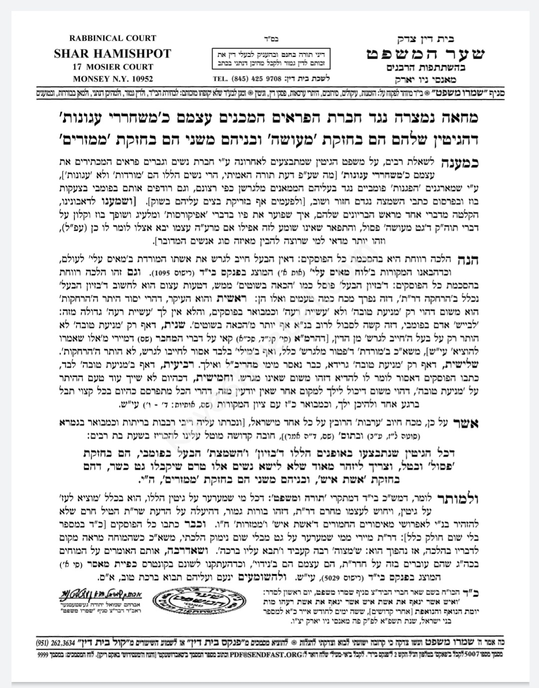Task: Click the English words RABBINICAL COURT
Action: point(113,38)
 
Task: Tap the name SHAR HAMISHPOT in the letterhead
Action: point(113,53)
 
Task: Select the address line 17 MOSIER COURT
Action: point(113,67)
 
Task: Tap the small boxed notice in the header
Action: point(270,59)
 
